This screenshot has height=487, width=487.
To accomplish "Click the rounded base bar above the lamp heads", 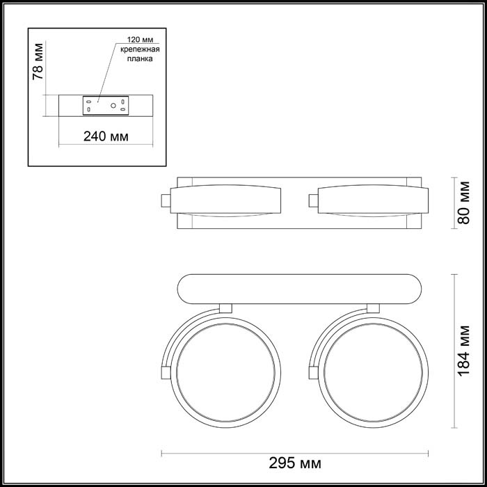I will (x=299, y=289).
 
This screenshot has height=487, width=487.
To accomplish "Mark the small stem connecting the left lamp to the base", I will (x=225, y=308).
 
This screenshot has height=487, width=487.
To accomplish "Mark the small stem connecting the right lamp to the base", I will (x=372, y=308).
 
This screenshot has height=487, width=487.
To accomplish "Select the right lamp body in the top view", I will (x=369, y=200).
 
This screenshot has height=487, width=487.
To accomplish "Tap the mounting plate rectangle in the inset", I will (x=104, y=106).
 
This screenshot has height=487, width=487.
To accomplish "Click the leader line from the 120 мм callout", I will (x=104, y=77).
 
